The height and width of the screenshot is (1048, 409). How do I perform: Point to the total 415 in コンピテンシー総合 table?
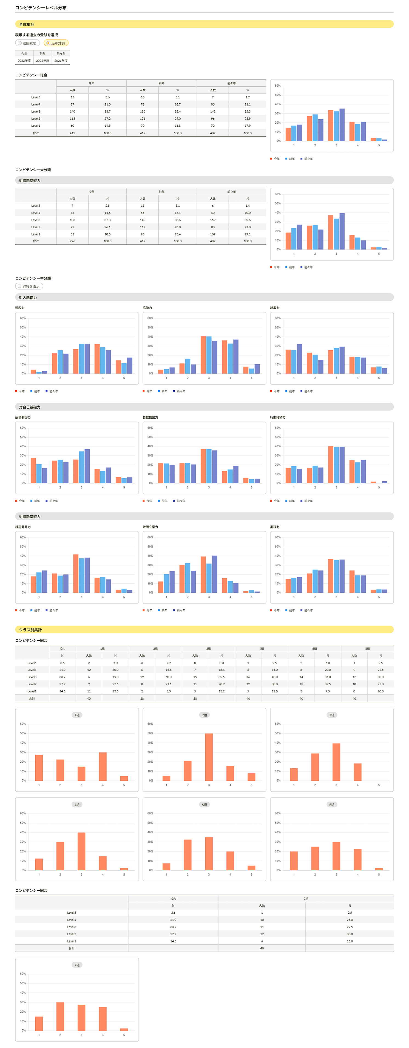[72, 133]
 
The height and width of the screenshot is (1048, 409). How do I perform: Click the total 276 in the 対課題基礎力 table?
[72, 241]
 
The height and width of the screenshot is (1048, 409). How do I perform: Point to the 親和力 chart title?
[20, 308]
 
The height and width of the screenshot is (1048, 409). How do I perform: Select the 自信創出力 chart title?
[150, 418]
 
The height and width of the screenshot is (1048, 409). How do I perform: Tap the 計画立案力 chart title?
[150, 527]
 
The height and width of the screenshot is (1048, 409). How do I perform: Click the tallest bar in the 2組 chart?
[209, 757]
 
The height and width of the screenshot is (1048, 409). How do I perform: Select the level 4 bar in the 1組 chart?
[103, 766]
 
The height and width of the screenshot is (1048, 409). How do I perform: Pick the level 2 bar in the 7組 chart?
[60, 1016]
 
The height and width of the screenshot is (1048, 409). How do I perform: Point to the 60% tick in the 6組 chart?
[277, 813]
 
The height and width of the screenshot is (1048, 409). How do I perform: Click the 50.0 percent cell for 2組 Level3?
[169, 677]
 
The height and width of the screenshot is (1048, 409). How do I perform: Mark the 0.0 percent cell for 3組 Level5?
[221, 663]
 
